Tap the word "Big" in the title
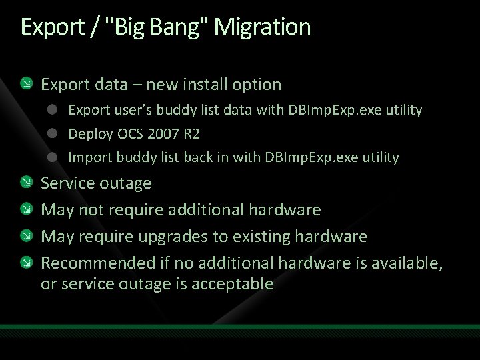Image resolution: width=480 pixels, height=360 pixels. pos(127,27)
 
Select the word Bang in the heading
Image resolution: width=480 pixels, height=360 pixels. pos(175,27)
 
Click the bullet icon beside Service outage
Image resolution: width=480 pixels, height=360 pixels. pos(25,183)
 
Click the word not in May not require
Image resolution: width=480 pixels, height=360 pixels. pos(90,210)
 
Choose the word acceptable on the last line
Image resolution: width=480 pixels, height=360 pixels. pos(232,284)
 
